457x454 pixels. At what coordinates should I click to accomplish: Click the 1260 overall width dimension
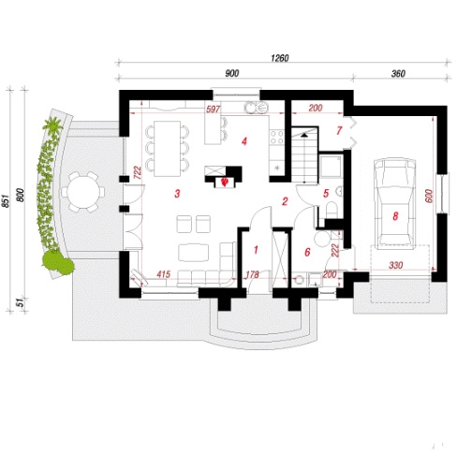coord(280,58)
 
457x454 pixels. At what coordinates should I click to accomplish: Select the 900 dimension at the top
coord(232,74)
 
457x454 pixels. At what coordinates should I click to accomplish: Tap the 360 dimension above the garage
coord(398,74)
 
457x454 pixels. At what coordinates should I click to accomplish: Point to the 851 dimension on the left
coord(6,201)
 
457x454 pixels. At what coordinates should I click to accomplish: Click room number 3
coord(177,194)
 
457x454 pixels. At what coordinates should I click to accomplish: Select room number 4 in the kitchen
coord(244,141)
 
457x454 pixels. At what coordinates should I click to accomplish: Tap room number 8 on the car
coord(395,216)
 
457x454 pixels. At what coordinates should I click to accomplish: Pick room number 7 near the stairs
coord(339,130)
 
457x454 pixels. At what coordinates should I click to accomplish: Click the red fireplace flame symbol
coord(224,182)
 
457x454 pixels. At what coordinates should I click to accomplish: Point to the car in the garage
coord(395,204)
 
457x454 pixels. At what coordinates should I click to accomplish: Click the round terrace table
coord(83,192)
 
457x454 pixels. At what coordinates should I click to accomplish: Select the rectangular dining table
coord(167,149)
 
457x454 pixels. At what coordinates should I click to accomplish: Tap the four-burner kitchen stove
coord(276,138)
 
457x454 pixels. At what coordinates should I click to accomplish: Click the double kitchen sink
coord(256,108)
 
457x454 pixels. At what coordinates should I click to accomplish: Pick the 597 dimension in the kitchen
coord(214,110)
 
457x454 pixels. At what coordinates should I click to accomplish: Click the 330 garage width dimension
coord(395,266)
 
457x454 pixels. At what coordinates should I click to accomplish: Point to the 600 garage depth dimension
coord(429,196)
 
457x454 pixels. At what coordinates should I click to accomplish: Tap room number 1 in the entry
coord(256,250)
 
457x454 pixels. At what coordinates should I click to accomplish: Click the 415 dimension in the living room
coord(163,274)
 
